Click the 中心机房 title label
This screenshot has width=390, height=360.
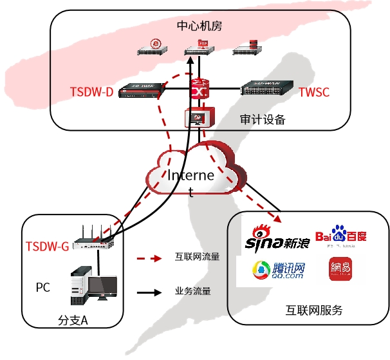tap(200, 26)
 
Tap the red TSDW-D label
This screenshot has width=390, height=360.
tap(91, 92)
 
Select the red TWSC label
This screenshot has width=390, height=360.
tap(314, 92)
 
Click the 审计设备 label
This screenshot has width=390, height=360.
tap(262, 120)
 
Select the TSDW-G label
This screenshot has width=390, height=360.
tap(47, 246)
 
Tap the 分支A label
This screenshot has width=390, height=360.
tap(72, 319)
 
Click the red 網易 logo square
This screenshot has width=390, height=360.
tap(340, 270)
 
